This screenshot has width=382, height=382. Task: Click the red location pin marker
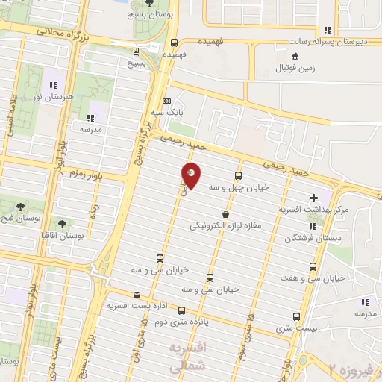click(192, 175)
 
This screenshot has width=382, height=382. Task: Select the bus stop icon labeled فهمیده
click(175, 43)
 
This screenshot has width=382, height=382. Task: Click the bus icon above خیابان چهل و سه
click(238, 176)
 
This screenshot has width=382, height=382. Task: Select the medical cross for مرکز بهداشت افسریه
click(313, 198)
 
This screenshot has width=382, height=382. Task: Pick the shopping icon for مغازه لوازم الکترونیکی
click(226, 214)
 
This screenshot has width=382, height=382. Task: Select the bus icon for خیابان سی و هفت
click(312, 264)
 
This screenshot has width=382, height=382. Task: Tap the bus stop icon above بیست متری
click(297, 316)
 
